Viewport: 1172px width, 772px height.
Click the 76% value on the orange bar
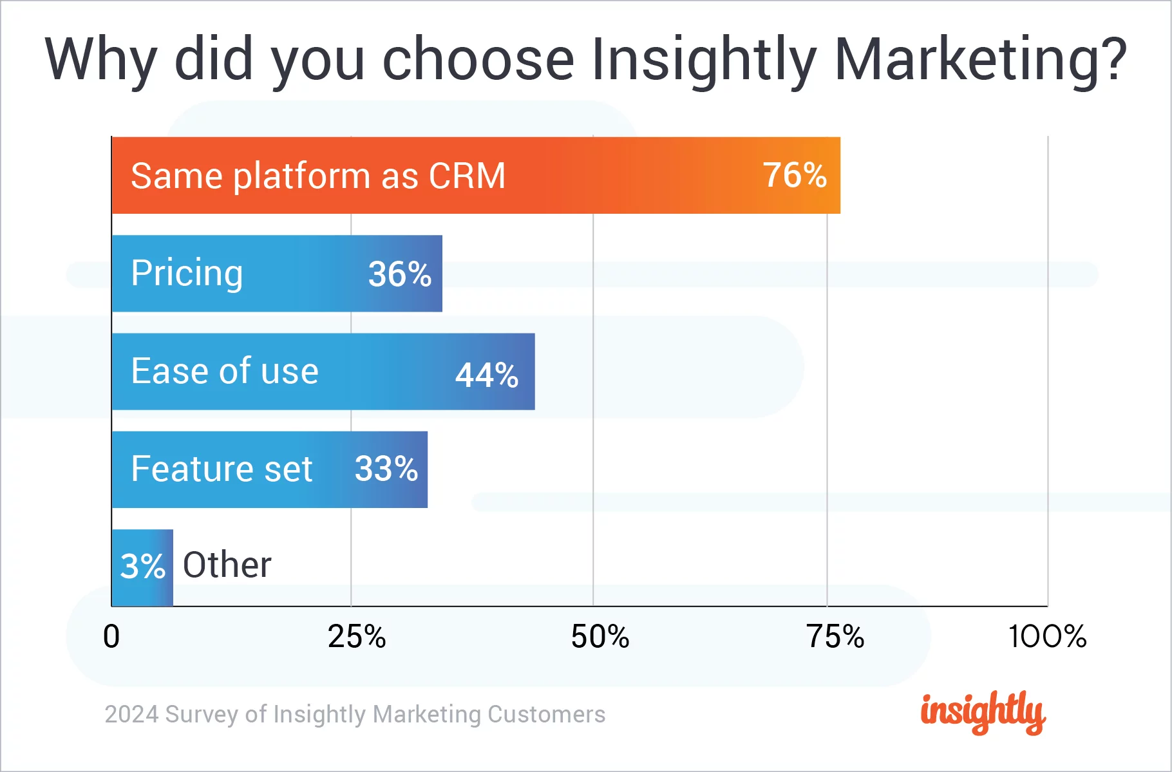pos(795,175)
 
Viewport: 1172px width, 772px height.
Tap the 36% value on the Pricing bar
pos(399,274)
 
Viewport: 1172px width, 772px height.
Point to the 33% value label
pos(386,469)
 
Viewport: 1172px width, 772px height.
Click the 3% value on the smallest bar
pos(143,567)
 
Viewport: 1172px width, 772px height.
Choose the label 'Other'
pos(227,565)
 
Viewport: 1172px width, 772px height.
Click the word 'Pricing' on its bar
pos(187,274)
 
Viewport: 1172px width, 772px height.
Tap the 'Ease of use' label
pos(225,372)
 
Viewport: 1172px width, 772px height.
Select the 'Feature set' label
pos(222,469)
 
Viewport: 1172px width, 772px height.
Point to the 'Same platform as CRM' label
pos(318,176)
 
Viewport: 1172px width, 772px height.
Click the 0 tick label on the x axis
pos(111,637)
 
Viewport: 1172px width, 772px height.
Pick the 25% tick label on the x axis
pos(357,637)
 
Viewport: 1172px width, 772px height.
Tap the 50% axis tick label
pos(600,637)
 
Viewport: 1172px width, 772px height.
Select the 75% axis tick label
pos(835,637)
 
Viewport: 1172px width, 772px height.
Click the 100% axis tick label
pos(1047,637)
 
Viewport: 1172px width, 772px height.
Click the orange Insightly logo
pos(983,712)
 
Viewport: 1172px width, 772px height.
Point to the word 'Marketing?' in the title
pos(980,60)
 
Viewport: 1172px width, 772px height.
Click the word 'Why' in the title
pos(101,60)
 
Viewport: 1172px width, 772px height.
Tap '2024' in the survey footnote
pos(131,715)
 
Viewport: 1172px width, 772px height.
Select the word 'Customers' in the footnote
pos(546,715)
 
